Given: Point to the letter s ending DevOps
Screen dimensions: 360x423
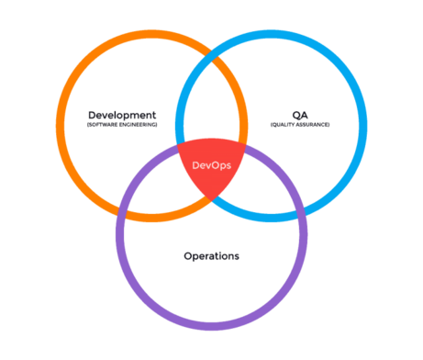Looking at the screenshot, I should (228, 166).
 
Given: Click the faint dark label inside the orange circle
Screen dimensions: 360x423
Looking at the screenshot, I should (119, 119).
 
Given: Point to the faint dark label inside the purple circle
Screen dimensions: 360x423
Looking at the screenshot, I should (211, 255).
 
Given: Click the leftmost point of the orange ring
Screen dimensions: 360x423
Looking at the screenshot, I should (59, 126).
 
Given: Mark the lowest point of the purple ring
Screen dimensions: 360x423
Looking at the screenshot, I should (212, 327).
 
